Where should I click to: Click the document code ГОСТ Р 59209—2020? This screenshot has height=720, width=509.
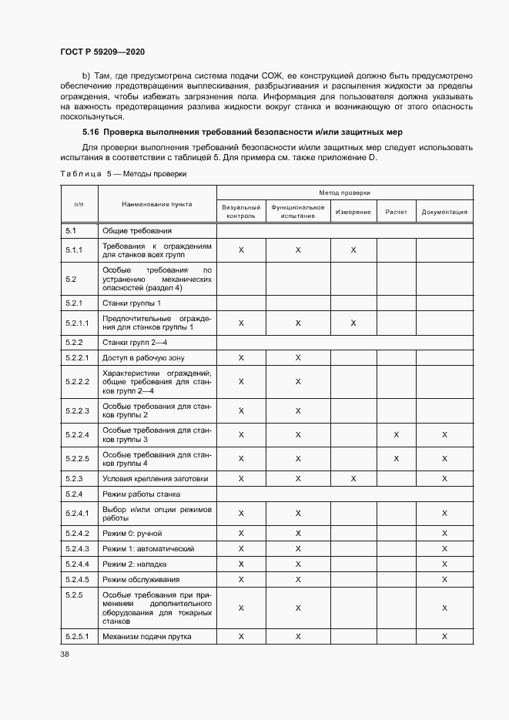102,52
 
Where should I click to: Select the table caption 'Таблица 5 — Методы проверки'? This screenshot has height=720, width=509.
123,174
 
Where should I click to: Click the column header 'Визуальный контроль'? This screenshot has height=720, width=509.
241,212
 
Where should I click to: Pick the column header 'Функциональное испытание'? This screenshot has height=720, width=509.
297,212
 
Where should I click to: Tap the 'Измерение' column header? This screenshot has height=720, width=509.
353,212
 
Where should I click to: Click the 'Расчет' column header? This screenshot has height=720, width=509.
396,212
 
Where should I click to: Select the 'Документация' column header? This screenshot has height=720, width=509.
444,212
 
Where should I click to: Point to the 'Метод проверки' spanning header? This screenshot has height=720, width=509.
344,192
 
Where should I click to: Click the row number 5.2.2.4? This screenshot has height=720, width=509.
78,435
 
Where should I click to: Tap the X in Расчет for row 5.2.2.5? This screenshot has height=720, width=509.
397,459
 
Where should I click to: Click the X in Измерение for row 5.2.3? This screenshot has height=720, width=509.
353,478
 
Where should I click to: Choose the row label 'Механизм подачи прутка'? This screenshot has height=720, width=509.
146,636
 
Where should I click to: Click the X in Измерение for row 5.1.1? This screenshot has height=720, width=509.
353,250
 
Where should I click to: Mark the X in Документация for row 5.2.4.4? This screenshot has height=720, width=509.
444,564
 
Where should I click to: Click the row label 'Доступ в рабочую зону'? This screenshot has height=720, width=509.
143,358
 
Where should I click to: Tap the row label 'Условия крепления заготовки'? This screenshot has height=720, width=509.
155,478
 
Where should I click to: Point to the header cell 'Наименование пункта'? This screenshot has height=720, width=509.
156,204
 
